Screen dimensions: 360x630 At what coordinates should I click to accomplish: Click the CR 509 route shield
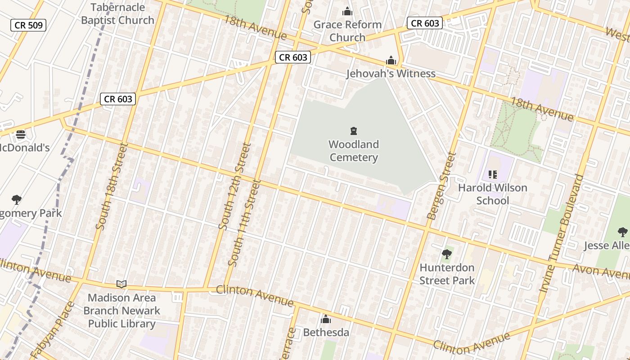coord(29,25)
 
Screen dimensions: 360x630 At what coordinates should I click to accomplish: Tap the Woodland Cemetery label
coord(354,151)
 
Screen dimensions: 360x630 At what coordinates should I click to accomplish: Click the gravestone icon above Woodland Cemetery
coord(354,131)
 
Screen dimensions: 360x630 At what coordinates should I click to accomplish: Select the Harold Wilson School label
coord(492,194)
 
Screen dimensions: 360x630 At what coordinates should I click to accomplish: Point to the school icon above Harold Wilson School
coord(492,174)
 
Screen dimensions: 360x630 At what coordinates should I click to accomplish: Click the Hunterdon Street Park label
coord(447,274)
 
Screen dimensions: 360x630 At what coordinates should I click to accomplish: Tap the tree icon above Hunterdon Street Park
coord(446,255)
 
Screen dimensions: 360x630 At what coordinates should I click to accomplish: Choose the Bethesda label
coord(326,333)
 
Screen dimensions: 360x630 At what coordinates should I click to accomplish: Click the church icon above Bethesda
coord(326,319)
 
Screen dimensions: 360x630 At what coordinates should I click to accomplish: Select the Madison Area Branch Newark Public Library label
coord(121,310)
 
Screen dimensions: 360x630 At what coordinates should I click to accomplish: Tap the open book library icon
coord(121,284)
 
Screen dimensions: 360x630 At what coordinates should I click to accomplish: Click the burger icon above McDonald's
coord(21,134)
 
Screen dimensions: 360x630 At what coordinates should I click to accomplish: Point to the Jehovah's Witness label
coord(391,74)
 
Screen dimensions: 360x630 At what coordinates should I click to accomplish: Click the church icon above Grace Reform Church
coord(347,11)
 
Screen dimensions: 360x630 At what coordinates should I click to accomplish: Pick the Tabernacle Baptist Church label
coord(118,13)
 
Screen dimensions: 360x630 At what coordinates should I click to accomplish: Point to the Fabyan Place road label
coord(53,331)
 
